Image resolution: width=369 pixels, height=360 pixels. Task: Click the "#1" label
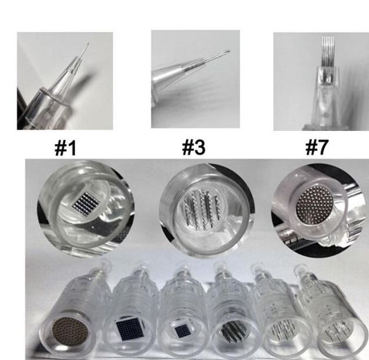66,147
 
